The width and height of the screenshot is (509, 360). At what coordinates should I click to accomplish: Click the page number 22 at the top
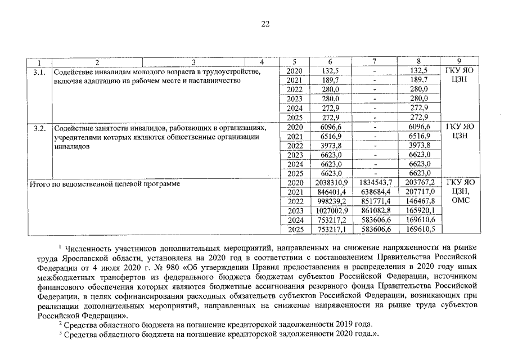[x=265, y=24]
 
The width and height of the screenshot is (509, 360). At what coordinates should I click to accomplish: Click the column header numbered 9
[x=460, y=61]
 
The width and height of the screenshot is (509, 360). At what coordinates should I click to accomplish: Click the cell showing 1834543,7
[x=375, y=183]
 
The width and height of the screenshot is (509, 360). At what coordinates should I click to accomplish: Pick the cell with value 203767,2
[x=420, y=183]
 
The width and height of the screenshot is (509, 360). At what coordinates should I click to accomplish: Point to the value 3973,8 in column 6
[x=330, y=146]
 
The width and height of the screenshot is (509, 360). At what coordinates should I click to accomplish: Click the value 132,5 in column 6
[x=330, y=71]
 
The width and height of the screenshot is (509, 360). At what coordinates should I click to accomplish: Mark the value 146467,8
[x=420, y=201]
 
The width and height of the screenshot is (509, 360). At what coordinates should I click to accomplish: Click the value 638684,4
[x=375, y=192]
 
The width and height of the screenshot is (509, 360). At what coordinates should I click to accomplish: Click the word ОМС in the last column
[x=460, y=201]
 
